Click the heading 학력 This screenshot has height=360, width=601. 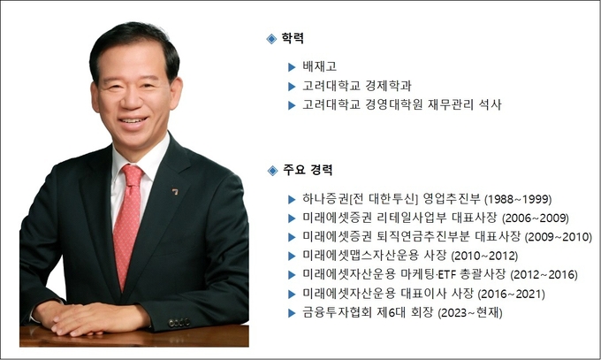[293, 38]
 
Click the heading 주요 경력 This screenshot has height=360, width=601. [308, 170]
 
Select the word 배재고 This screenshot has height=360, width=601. [319, 66]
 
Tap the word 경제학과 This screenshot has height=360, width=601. [388, 86]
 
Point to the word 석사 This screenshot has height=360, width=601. [490, 104]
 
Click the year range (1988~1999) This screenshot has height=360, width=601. [518, 199]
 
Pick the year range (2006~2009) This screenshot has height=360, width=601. [535, 218]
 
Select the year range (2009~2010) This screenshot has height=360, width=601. [559, 237]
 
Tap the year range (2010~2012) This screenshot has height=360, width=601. [484, 256]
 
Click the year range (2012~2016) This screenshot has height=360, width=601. [544, 274]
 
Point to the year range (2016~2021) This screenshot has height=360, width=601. [512, 294]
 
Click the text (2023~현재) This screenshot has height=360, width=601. [470, 312]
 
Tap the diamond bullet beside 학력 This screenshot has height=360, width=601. [271, 39]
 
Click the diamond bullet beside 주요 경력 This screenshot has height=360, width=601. [272, 171]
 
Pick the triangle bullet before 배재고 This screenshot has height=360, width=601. [292, 67]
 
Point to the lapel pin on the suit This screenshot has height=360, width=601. [175, 191]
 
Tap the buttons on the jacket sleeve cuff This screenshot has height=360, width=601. [179, 322]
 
